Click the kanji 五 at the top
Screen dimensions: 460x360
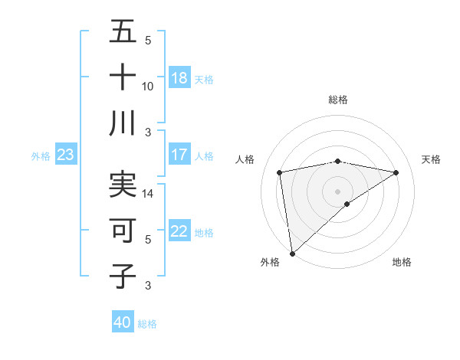[123, 32]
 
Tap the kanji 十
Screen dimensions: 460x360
[123, 78]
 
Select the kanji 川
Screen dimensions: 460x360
[123, 123]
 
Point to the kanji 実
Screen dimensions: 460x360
[123, 185]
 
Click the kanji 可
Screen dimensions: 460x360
[123, 230]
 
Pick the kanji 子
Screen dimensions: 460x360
[123, 277]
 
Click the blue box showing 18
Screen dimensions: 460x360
[179, 78]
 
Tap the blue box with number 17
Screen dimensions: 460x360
[179, 155]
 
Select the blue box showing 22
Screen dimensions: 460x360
[179, 232]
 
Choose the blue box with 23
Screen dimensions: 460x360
[66, 155]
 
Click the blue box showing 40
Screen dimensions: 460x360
[123, 322]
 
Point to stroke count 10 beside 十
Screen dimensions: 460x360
[148, 87]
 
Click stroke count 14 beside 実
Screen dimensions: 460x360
[148, 194]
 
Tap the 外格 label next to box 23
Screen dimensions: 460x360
[41, 156]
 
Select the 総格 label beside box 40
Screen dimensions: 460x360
[147, 324]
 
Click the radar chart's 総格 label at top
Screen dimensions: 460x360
[337, 100]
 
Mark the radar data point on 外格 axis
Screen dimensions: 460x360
[292, 253]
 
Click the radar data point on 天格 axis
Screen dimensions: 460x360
[396, 172]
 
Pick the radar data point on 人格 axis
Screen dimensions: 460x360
[280, 172]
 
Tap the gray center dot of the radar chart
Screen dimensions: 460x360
[337, 191]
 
